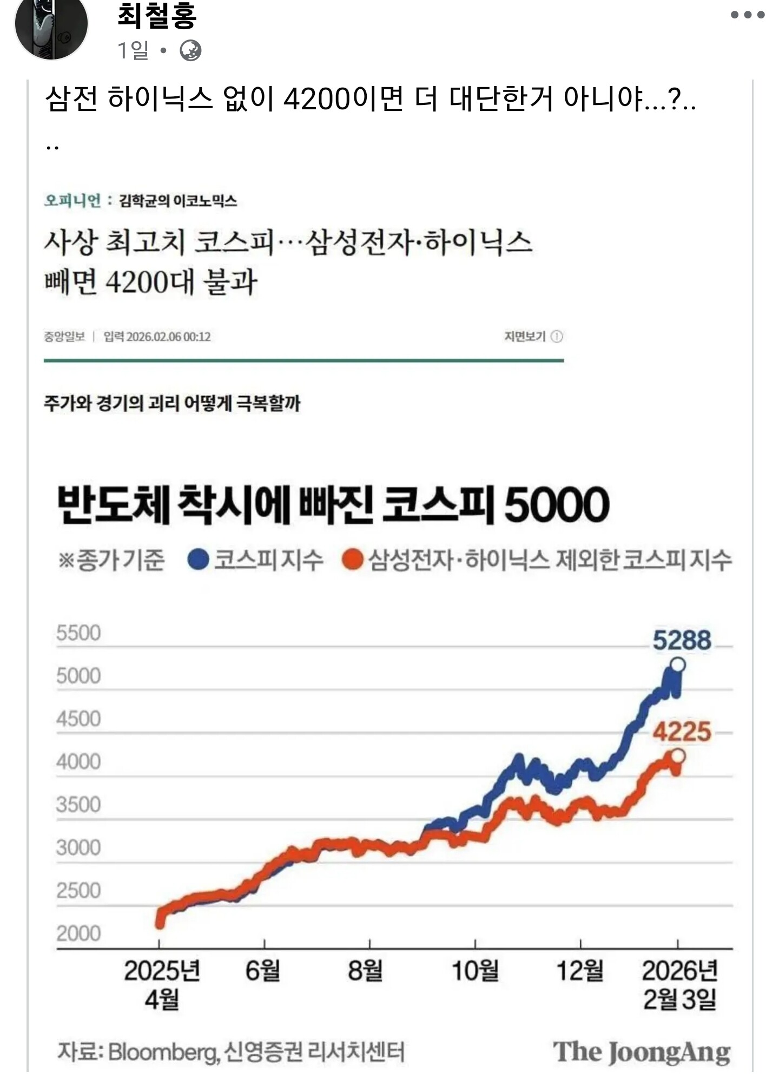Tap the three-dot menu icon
pyautogui.click(x=748, y=15)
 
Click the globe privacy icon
pyautogui.click(x=190, y=51)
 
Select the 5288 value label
pyautogui.click(x=682, y=640)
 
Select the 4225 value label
pyautogui.click(x=682, y=732)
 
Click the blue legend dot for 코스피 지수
pyautogui.click(x=198, y=559)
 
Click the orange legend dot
pyautogui.click(x=352, y=559)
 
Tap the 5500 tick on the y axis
pyautogui.click(x=78, y=633)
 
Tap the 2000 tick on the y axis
pyautogui.click(x=78, y=933)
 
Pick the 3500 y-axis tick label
pyautogui.click(x=78, y=805)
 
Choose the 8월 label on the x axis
pyautogui.click(x=365, y=970)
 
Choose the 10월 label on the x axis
pyautogui.click(x=475, y=970)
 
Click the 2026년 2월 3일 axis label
pyautogui.click(x=680, y=984)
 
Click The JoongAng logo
pyautogui.click(x=642, y=1052)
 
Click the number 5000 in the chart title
pyautogui.click(x=557, y=504)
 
